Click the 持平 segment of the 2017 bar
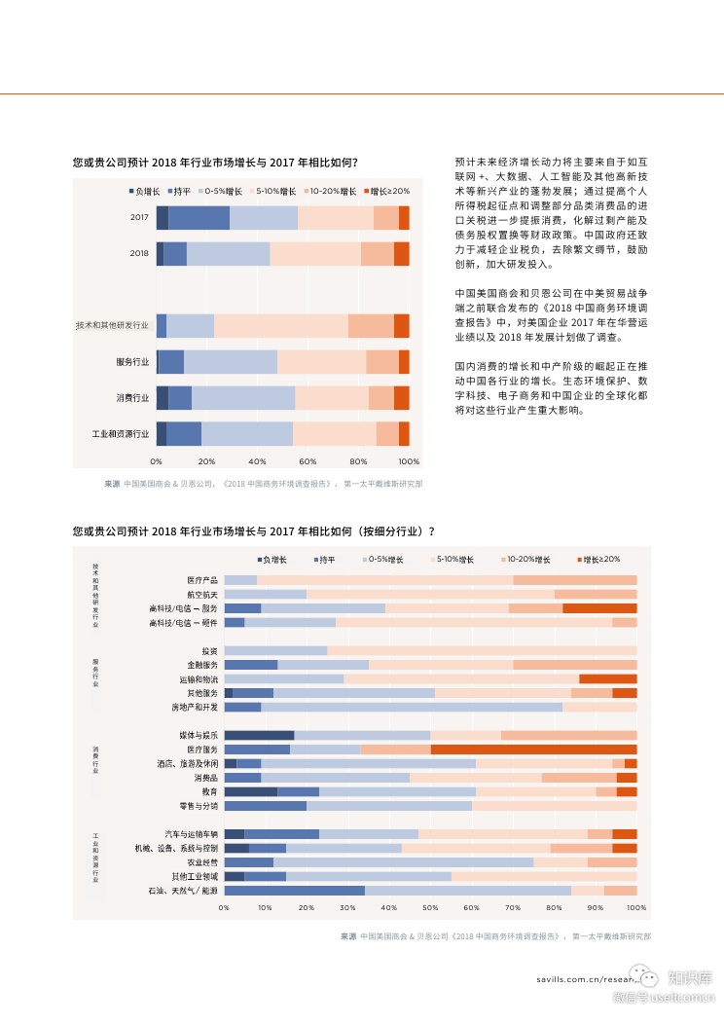(199, 218)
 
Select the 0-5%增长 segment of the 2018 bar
(228, 254)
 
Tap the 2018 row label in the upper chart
(139, 254)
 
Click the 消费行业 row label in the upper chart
(132, 398)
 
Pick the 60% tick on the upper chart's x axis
(308, 461)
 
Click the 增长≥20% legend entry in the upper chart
(390, 192)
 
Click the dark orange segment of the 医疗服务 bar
(533, 750)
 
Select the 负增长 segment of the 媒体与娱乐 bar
(259, 735)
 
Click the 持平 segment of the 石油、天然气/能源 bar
(294, 891)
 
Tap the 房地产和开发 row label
(195, 707)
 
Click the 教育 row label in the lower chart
(209, 792)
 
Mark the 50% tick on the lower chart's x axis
(430, 908)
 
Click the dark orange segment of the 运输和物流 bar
(607, 678)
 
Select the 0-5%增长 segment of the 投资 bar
(275, 650)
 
